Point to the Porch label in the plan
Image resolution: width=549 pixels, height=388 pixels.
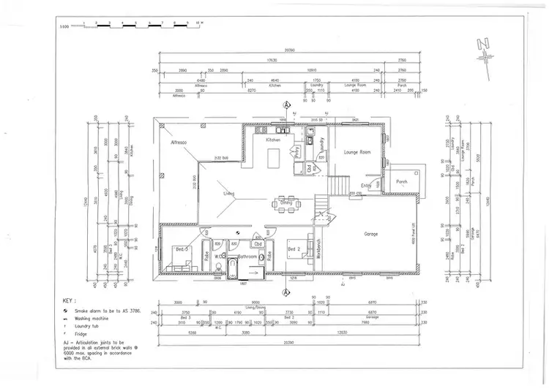(402, 182)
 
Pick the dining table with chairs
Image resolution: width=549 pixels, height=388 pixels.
(286, 202)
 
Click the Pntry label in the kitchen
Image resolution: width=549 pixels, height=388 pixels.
(297, 152)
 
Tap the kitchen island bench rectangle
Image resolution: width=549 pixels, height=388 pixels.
(274, 158)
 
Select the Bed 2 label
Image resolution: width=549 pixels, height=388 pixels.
(294, 249)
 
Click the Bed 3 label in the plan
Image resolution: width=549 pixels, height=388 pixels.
(182, 249)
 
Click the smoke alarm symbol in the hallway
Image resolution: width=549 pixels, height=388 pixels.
(238, 233)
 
